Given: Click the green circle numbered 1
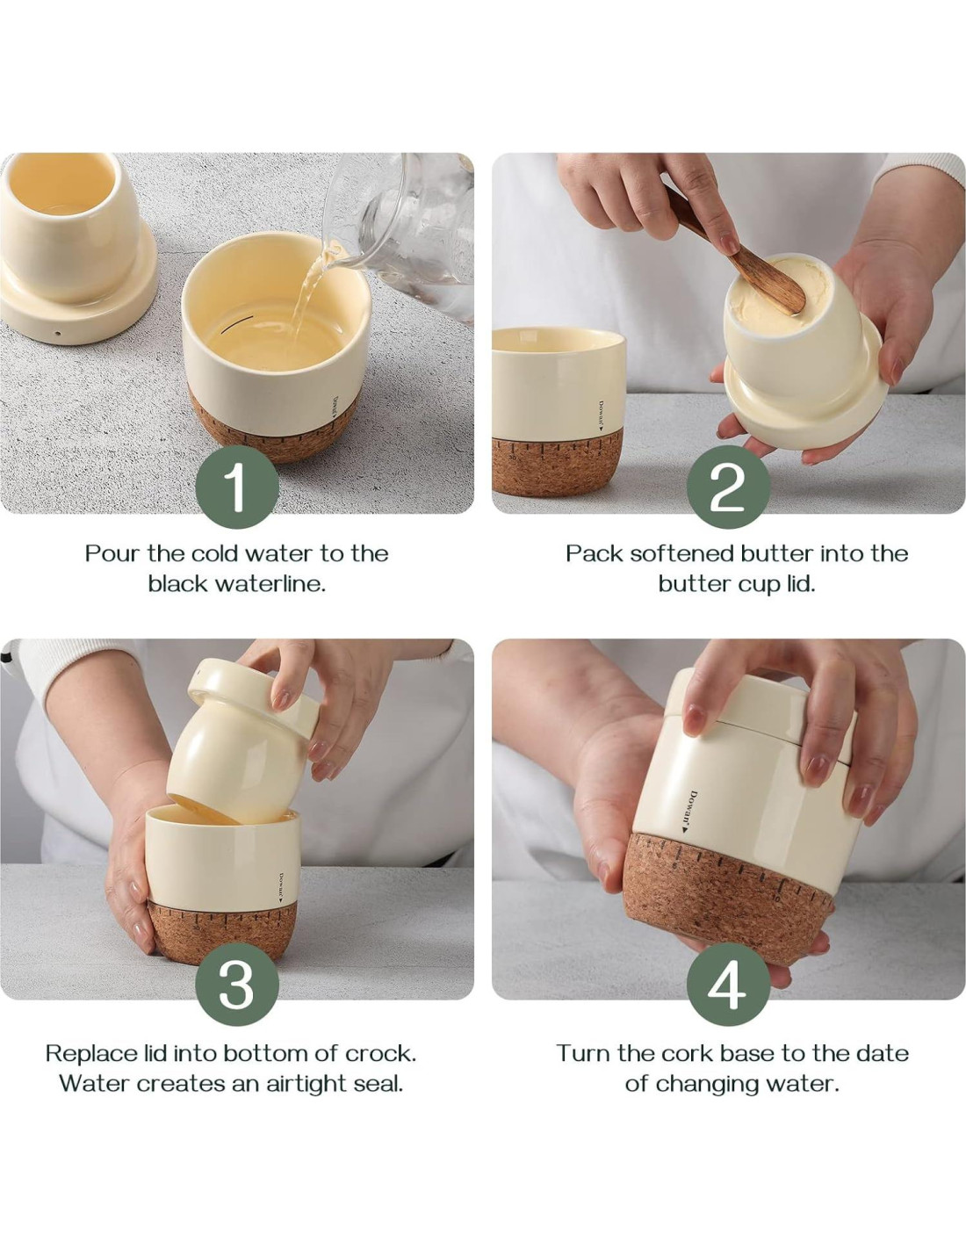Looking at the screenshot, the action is tap(237, 487).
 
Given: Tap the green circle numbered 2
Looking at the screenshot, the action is tap(728, 487).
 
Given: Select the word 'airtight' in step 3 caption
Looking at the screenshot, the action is tap(306, 1084).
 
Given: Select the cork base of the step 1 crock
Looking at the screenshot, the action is tap(271, 429).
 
